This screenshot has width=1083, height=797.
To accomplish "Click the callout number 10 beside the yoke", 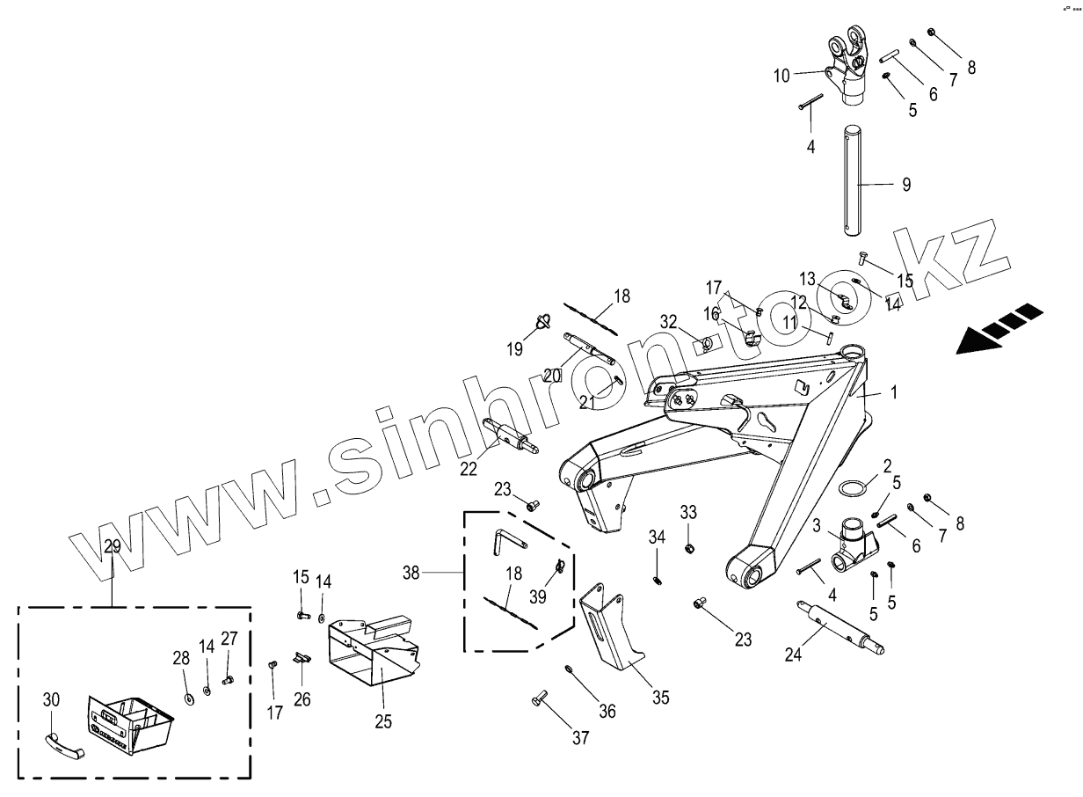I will coord(781,76).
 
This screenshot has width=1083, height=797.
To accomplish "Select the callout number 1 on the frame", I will coord(894,394).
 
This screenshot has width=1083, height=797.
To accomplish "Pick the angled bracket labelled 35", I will coord(610,629).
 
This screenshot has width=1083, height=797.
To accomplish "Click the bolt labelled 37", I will coord(540,701).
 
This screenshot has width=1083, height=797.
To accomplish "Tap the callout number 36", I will coord(608,711).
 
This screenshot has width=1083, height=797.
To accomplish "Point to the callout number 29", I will coord(113,546).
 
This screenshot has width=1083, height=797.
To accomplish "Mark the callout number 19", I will coord(514,348).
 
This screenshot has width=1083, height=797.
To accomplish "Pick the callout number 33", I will coord(688,512).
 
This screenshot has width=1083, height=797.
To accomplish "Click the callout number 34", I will coord(656,537).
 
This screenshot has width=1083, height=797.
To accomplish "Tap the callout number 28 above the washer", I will coord(180,658).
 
